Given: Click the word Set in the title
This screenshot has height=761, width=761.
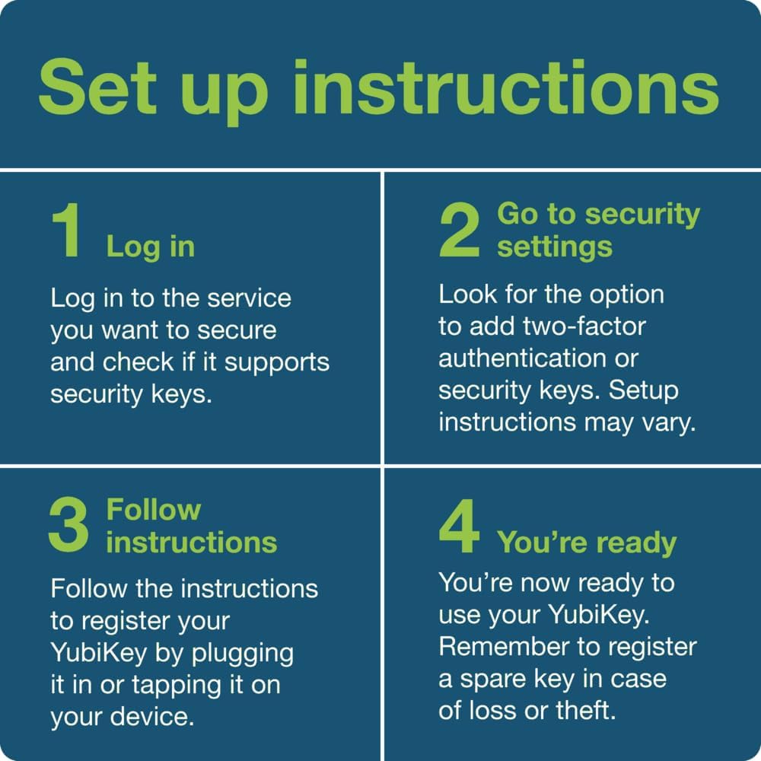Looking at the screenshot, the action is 98,87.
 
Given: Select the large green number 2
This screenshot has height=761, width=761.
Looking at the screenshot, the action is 460,230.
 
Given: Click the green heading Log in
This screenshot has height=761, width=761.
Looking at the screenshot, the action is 151,247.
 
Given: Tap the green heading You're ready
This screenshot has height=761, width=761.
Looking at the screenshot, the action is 586,543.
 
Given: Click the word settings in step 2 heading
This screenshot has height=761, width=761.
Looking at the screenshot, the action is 555,247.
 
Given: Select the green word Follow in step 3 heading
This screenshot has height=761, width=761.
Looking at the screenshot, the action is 154,510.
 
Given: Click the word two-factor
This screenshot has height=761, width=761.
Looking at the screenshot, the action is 584,326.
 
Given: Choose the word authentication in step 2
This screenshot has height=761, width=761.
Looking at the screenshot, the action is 522,358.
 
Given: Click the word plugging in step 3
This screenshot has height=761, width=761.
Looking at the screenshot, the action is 243,654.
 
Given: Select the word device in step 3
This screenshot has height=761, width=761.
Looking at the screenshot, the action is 152,717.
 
